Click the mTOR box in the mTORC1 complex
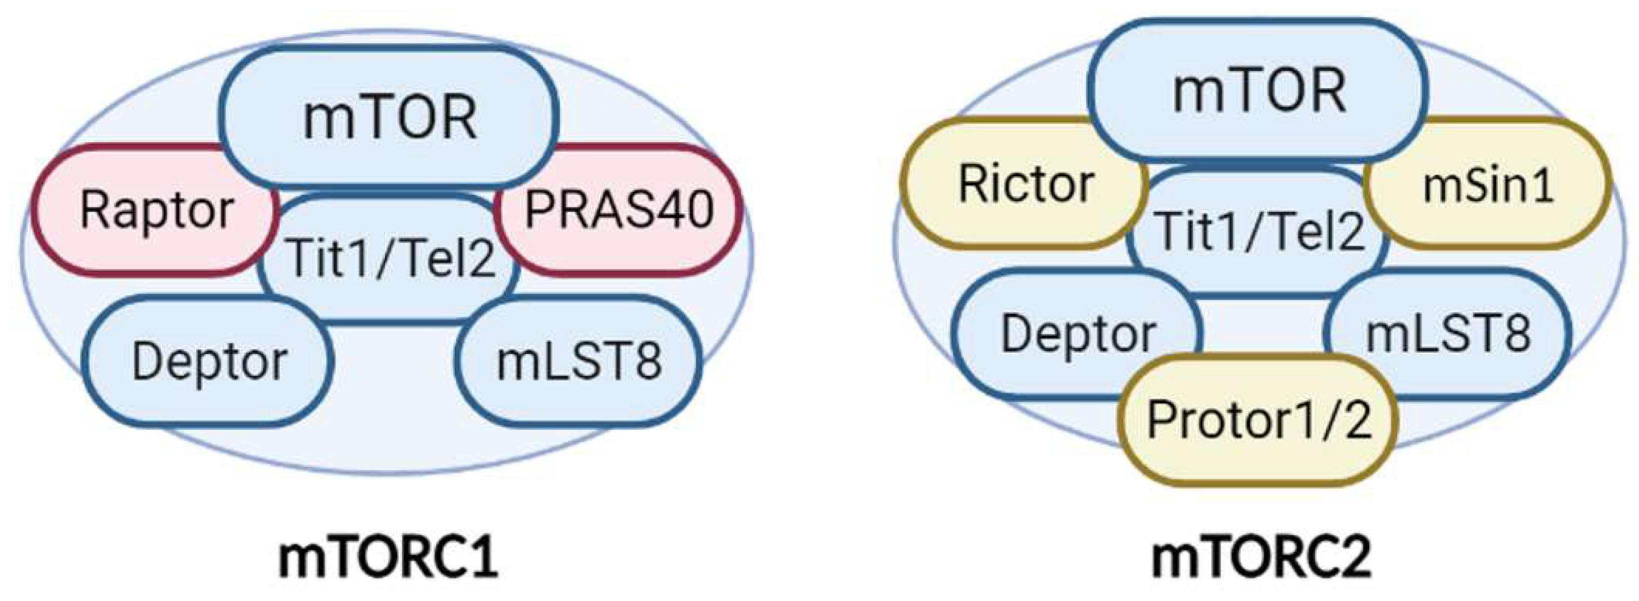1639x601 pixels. (x=390, y=118)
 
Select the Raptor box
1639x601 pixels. (x=156, y=210)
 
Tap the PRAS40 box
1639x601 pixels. (x=618, y=210)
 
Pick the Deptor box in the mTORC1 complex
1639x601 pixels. (x=209, y=362)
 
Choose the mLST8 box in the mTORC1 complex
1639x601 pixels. (x=579, y=362)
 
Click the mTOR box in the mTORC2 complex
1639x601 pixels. (x=1258, y=91)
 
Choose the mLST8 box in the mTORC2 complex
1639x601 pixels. (x=1448, y=334)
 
